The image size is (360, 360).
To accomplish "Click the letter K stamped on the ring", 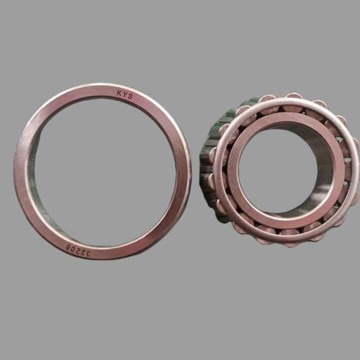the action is [x=119, y=93].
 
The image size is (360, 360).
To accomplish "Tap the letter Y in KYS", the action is [x=125, y=94].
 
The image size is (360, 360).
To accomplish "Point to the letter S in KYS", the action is [x=130, y=96].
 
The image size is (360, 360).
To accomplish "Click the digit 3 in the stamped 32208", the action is [x=87, y=253].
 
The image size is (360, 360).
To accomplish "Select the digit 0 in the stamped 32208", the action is [x=73, y=250].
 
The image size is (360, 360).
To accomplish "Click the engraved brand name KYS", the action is [x=125, y=94].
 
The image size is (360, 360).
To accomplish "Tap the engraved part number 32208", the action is [x=78, y=251].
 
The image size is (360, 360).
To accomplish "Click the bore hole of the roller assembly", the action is [x=278, y=171].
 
